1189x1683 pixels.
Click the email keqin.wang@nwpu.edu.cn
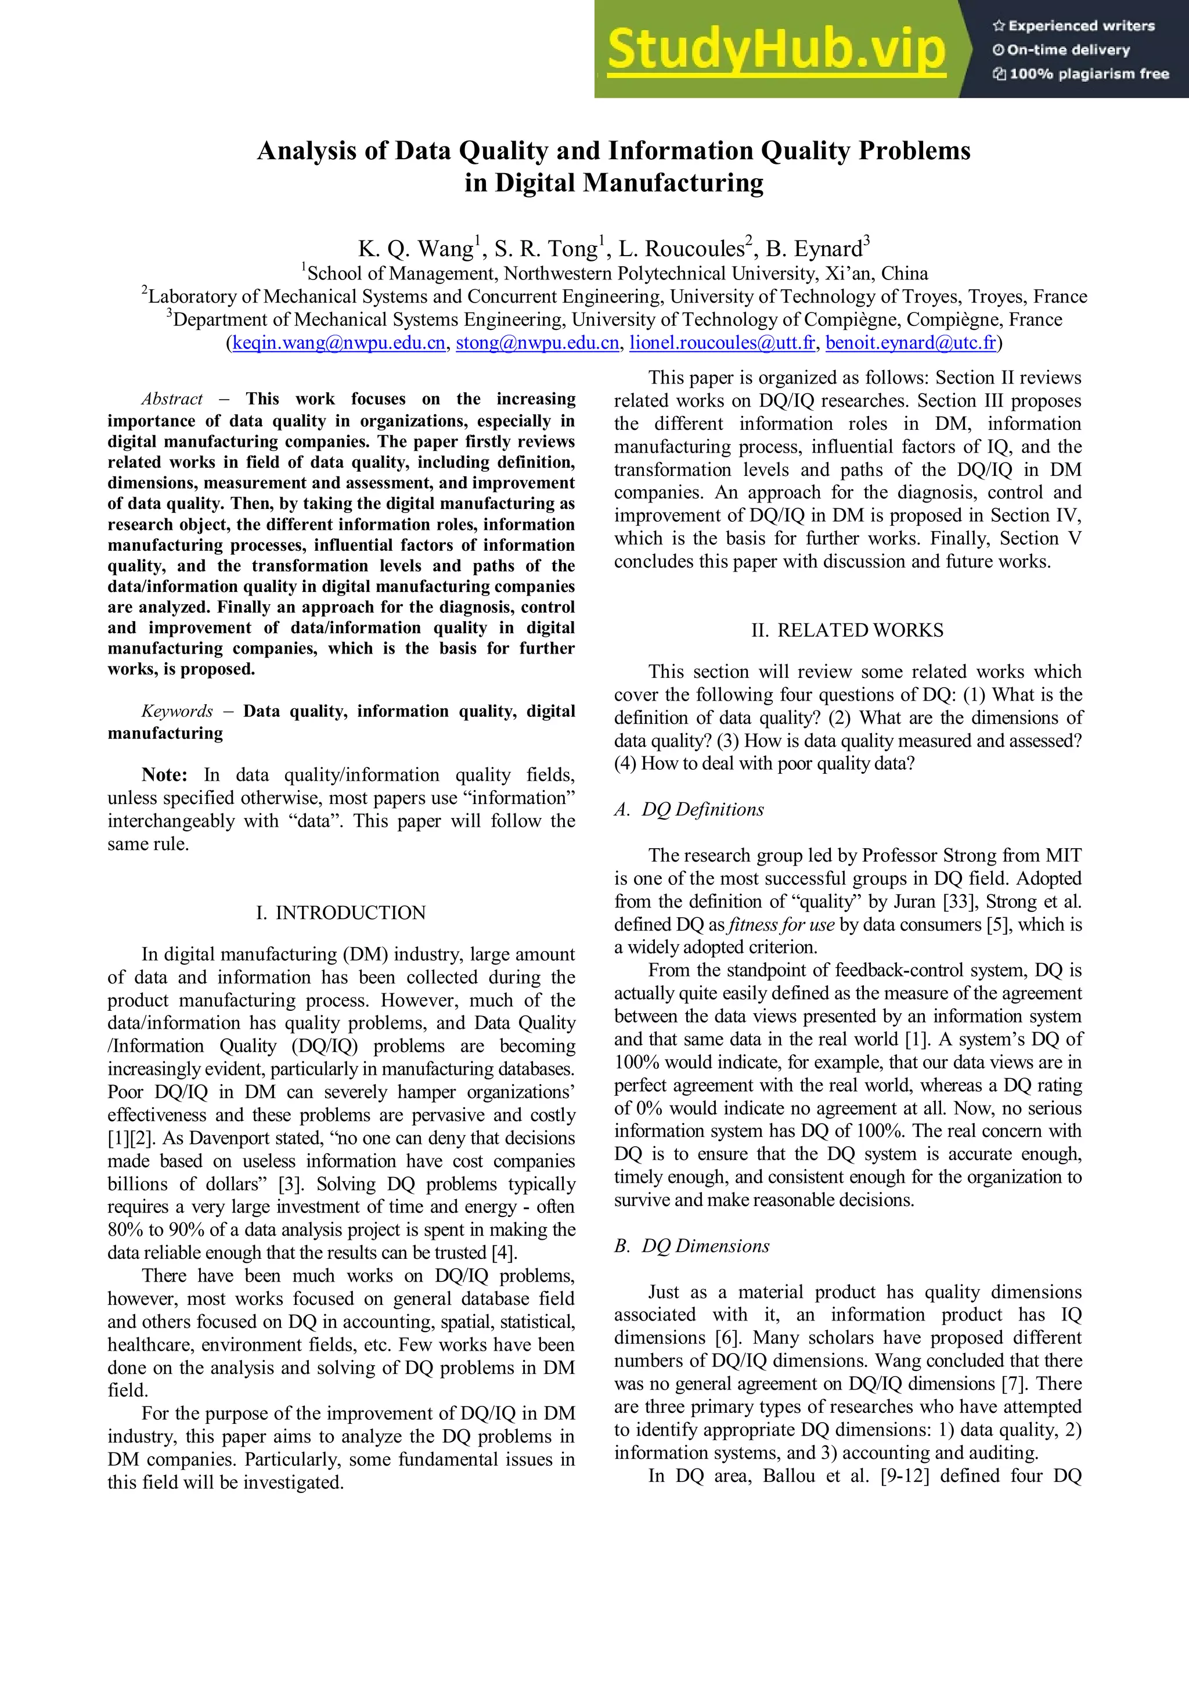coord(338,343)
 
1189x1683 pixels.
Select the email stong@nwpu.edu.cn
coord(537,343)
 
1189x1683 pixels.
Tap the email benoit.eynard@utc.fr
coord(910,343)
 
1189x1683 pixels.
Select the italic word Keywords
coord(176,711)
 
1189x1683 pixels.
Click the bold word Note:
coord(164,775)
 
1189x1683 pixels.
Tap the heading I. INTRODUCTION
coord(341,913)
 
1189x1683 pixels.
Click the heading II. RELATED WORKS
coord(847,630)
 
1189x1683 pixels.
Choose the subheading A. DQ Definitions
coord(689,809)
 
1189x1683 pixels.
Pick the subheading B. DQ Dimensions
coord(691,1246)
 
